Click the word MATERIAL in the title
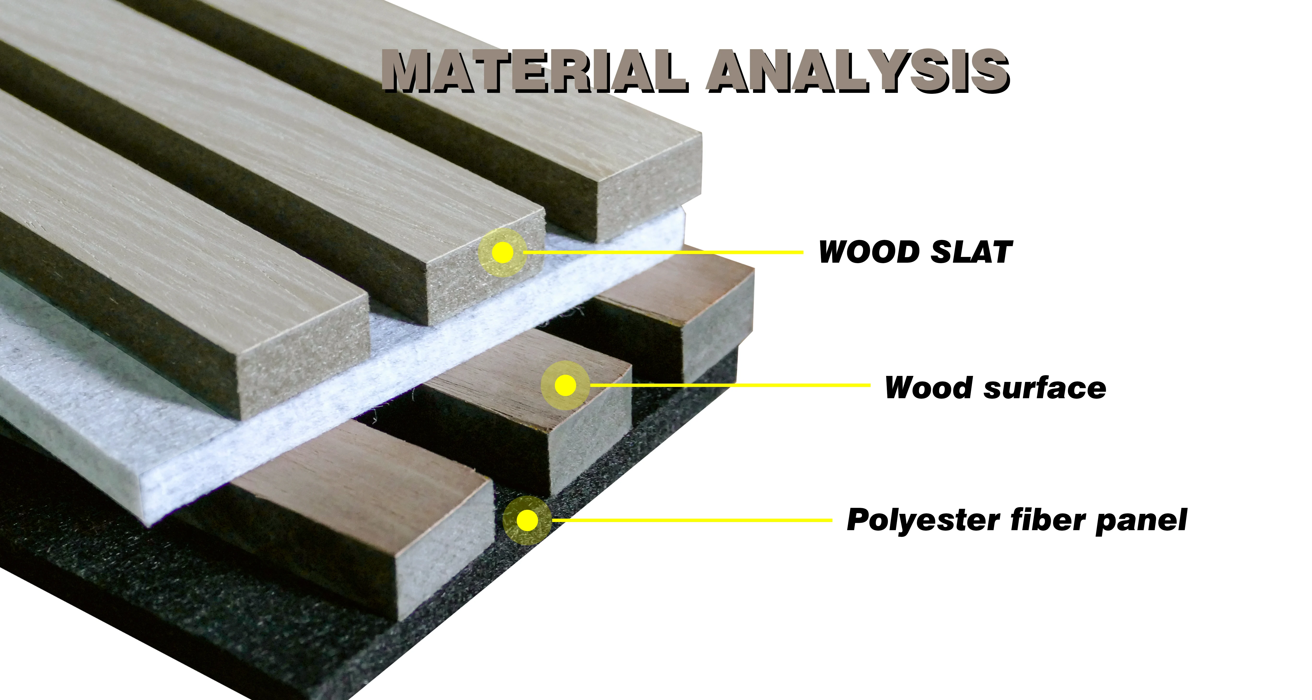coord(535,71)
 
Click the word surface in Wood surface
coord(1044,388)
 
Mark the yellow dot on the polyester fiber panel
coord(527,520)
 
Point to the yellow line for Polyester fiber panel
coord(693,520)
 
